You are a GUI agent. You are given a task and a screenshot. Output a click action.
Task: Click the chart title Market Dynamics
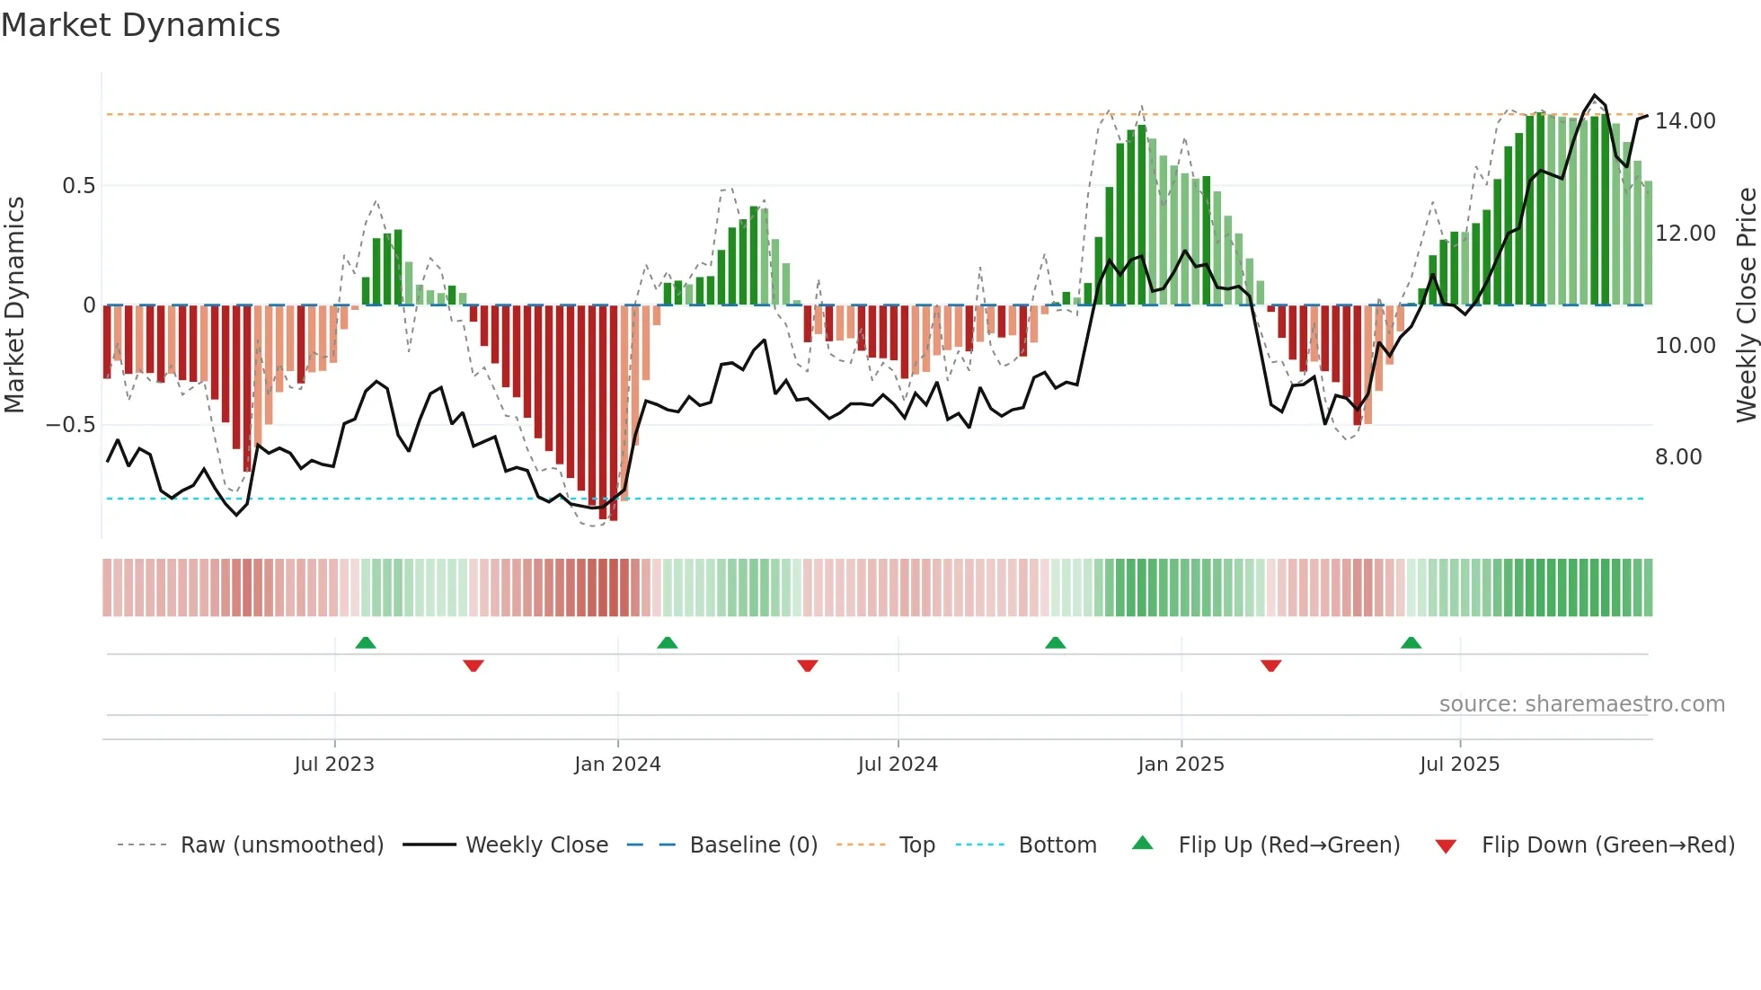[140, 25]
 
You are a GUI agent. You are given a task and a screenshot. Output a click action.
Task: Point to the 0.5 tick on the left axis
[78, 186]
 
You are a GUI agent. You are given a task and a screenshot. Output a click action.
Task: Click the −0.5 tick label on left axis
[71, 425]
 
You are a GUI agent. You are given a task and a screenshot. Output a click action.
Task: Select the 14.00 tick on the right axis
[1685, 121]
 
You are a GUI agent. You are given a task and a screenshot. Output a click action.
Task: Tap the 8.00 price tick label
[1678, 457]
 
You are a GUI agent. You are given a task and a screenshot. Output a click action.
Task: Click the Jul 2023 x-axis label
[334, 765]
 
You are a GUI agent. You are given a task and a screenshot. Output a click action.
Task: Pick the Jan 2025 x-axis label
[1181, 765]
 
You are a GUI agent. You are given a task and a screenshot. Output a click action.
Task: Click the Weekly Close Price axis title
[1746, 305]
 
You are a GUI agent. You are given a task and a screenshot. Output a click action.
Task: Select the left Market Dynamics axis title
[14, 305]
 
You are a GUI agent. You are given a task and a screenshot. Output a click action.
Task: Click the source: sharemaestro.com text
[1581, 704]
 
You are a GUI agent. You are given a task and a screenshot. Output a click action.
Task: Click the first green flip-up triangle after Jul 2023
[366, 643]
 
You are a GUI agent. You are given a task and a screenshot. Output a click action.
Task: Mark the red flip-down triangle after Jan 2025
[1270, 666]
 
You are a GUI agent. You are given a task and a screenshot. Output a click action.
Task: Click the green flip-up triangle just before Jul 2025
[1411, 643]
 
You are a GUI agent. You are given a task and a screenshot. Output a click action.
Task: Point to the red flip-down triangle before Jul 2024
[807, 666]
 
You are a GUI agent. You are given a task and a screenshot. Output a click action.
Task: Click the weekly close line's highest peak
[1595, 95]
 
